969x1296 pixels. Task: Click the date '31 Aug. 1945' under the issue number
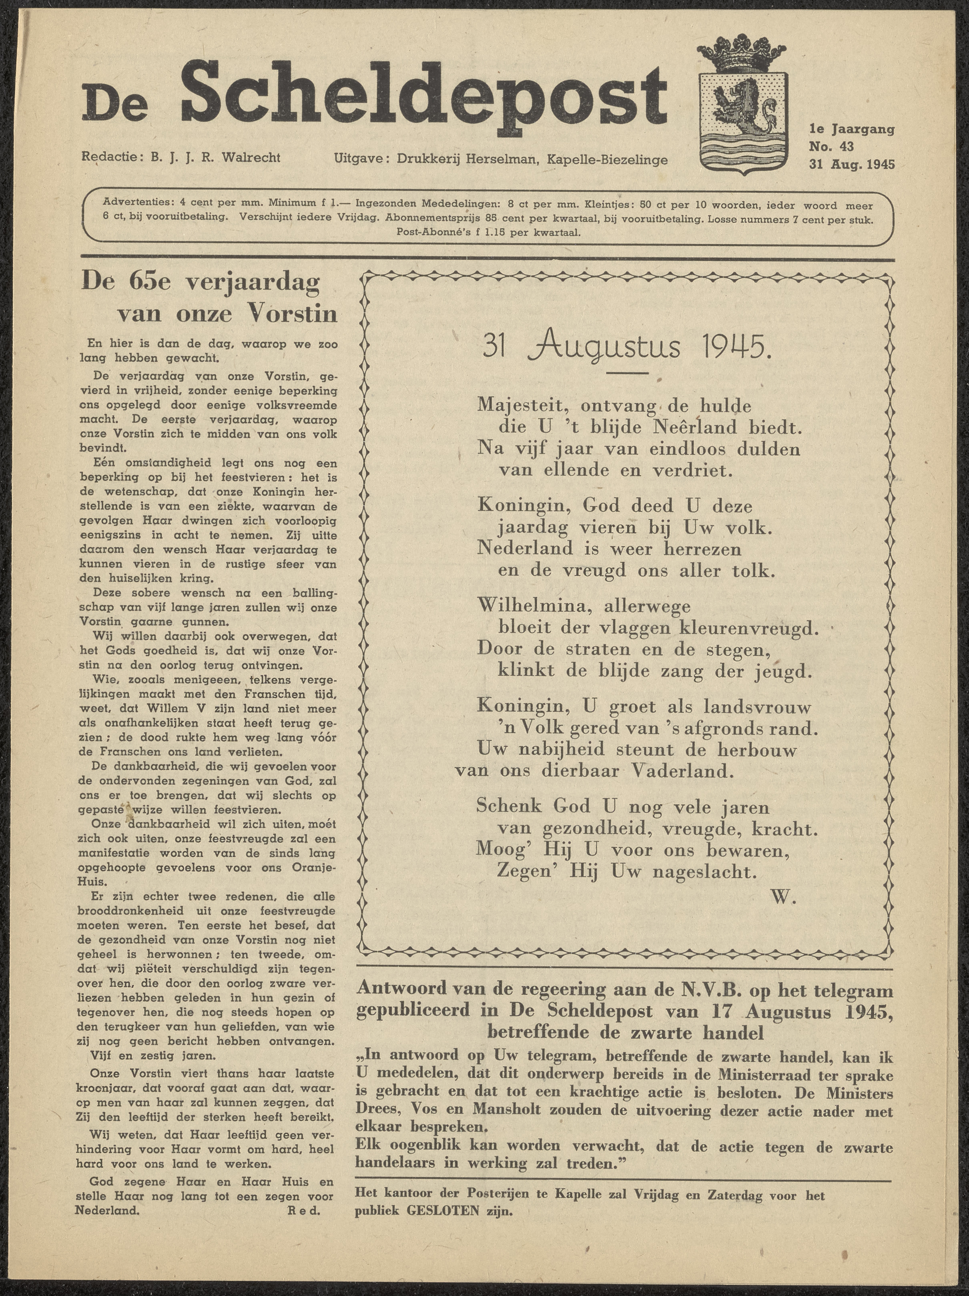click(851, 164)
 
